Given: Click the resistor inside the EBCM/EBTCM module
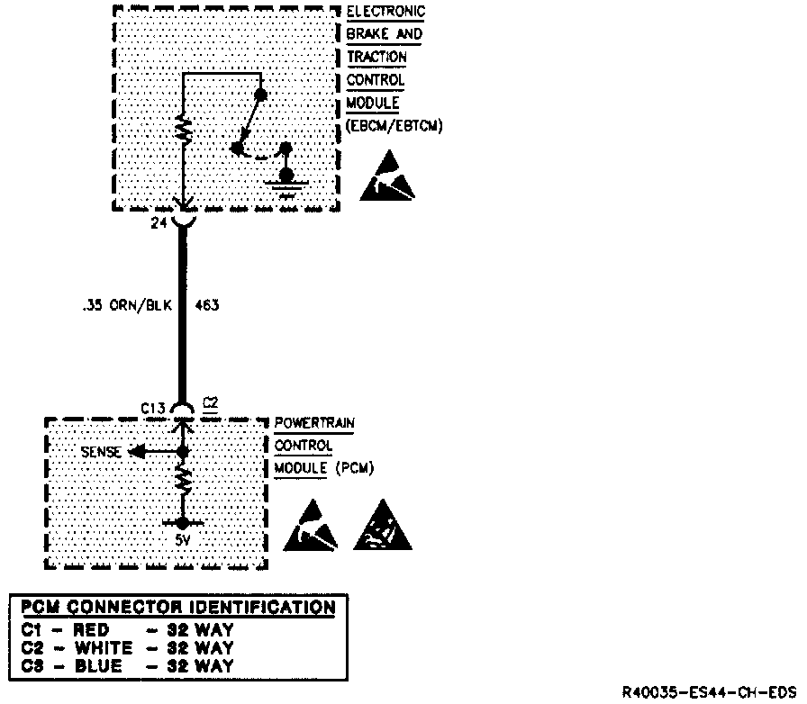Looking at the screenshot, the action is [183, 130].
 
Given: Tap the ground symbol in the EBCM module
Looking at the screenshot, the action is [287, 185].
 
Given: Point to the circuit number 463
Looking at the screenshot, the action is [206, 305].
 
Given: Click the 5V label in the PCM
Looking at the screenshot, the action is [182, 542].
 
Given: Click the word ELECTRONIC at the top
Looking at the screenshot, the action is [385, 12].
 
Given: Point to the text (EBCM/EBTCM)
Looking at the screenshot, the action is [394, 127].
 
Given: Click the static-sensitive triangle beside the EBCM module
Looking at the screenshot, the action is [388, 177].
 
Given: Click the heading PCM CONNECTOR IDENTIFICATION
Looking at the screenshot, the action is [177, 607].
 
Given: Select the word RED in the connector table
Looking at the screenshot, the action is [91, 630].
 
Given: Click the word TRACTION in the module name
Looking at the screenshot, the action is [376, 57].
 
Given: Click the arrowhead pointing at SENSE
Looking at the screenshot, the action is [134, 452].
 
